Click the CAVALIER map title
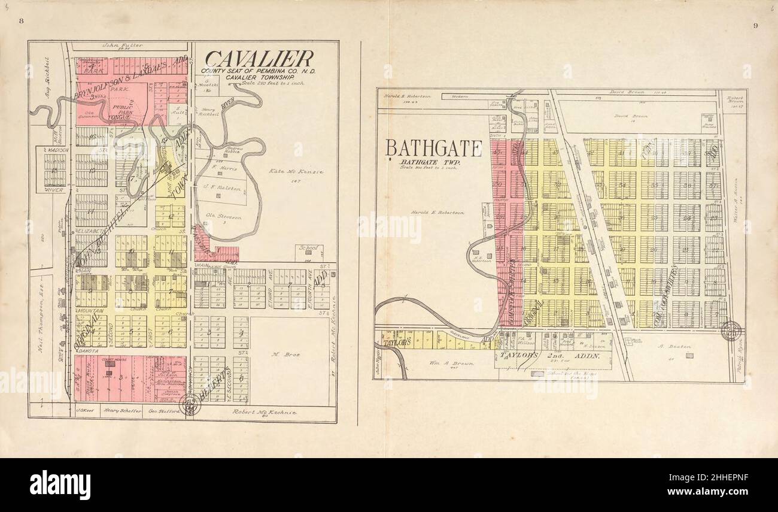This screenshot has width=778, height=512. point(259,59)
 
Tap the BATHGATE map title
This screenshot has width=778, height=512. point(433,148)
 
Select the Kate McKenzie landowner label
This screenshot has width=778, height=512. point(296,172)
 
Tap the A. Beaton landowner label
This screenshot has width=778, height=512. point(674,346)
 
